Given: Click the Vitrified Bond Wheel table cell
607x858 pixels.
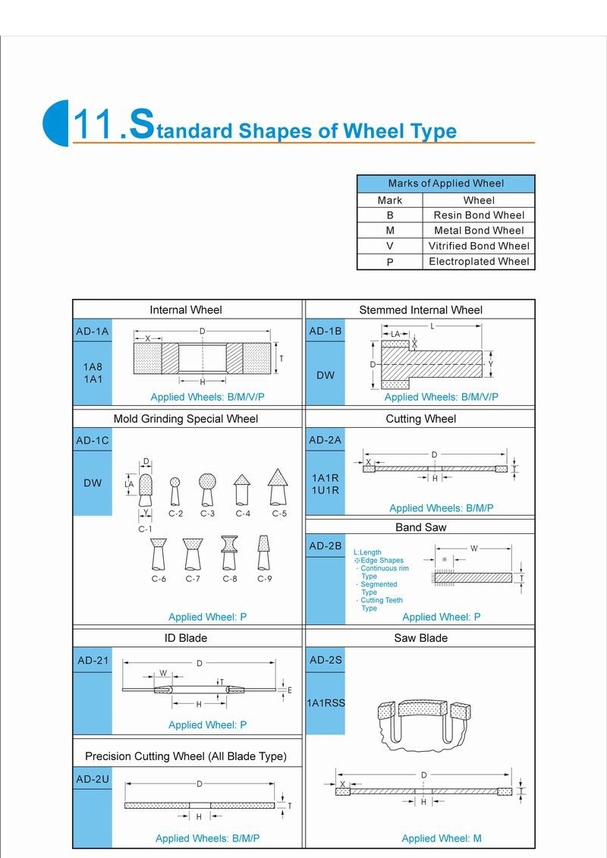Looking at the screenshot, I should pos(479,246).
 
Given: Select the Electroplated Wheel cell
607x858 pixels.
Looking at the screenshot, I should pos(479,262).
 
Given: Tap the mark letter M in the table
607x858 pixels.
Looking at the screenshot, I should pos(390,231).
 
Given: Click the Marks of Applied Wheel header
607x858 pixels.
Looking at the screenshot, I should pos(445,184).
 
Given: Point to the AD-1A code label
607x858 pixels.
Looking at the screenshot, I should pos(93,332).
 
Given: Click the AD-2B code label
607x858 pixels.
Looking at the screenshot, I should pos(326,546).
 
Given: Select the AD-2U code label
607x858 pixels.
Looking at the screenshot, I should pos(93,779).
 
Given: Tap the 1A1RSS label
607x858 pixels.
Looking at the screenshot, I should pos(326,703).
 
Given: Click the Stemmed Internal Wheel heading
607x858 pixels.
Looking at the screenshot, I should pos(420,310).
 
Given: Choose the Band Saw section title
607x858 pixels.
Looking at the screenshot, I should pos(420,527).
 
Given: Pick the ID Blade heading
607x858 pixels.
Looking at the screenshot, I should pos(186,638).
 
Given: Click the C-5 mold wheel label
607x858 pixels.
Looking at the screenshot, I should pos(280,514).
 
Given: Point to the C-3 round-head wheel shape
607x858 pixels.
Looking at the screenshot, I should pos(208,482).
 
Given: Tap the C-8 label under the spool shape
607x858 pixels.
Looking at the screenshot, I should pos(230,579).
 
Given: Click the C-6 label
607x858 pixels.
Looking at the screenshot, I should pos(159,579).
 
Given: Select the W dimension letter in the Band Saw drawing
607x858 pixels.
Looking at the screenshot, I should pos(474,548).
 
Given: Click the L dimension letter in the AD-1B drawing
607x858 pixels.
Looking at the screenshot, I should pos(432,325).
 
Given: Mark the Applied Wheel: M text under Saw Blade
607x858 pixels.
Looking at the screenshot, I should pos(442,838).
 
